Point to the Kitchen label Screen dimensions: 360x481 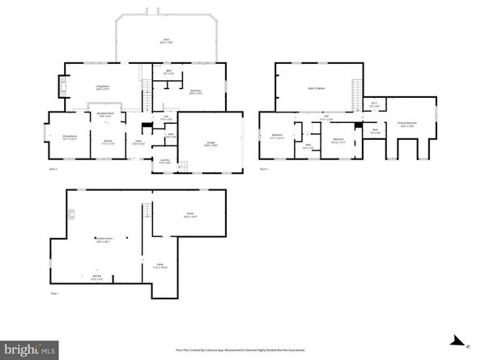coord(107,142)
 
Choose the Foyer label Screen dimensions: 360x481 coord(139,142)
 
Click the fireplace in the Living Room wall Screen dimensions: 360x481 coord(63,87)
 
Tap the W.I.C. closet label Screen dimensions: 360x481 coord(375,104)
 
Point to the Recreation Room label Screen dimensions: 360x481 coord(103,239)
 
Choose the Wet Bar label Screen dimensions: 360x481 coord(84,277)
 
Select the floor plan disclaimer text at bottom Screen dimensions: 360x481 coord(240,349)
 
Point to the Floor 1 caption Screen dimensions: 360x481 coord(55,292)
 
